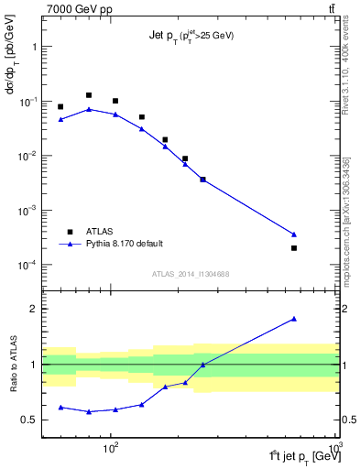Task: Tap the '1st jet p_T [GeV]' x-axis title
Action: [x=301, y=455]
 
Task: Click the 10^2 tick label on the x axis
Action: [x=112, y=450]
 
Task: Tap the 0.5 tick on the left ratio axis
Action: [x=30, y=420]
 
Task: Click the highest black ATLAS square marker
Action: [x=89, y=95]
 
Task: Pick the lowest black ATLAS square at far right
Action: [x=294, y=248]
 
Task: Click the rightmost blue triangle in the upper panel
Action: [x=294, y=234]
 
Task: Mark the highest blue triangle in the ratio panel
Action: [x=294, y=319]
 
